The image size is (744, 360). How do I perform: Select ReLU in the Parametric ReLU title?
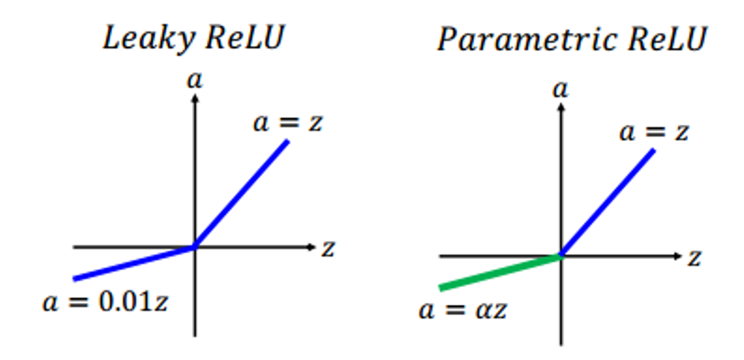666,39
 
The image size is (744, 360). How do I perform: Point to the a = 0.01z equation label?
105,302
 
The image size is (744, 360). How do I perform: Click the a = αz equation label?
463,310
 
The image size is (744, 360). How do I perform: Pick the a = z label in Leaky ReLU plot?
288,123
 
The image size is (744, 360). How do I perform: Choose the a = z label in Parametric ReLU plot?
654,132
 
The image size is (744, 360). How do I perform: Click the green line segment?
500,272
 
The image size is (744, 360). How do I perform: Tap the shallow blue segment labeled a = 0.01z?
134,262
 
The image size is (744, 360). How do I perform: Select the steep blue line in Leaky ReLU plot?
241,194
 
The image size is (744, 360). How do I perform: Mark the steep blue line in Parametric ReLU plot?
607,203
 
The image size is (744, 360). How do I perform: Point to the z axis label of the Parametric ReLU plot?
694,258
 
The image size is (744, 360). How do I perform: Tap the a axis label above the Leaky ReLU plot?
194,81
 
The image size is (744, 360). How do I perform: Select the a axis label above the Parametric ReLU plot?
561,90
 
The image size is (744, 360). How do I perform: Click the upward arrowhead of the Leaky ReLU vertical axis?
194,98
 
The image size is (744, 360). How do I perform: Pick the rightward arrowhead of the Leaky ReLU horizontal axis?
313,246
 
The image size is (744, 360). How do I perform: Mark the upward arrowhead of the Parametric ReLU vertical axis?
561,107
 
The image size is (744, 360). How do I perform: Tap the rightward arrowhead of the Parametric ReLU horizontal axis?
678,256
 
